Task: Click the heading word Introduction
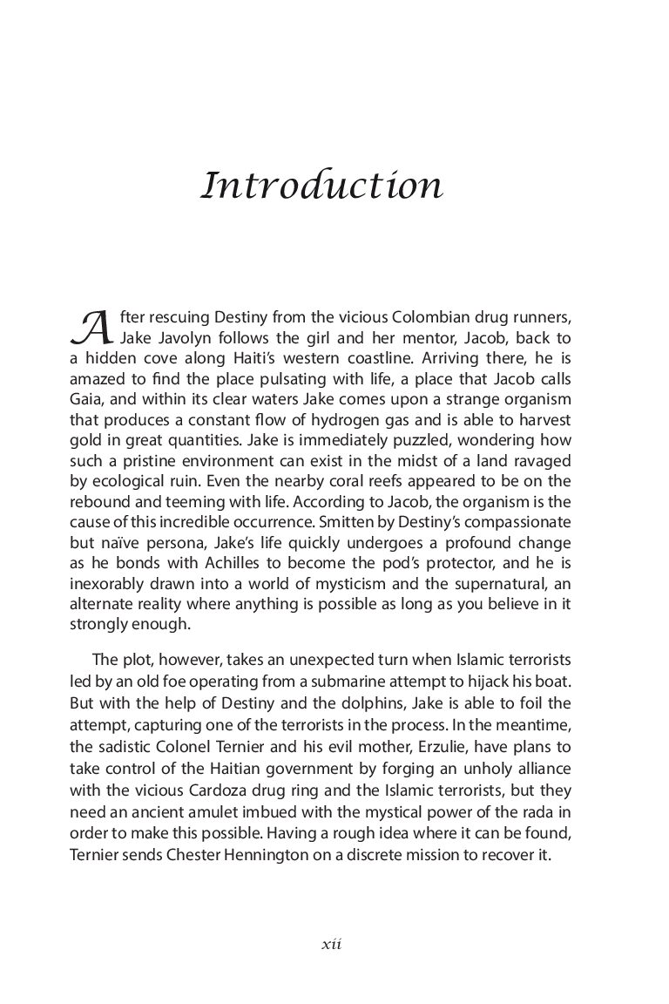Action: (321, 187)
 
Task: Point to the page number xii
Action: (330, 944)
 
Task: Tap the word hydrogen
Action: (334, 420)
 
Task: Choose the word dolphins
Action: (329, 700)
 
